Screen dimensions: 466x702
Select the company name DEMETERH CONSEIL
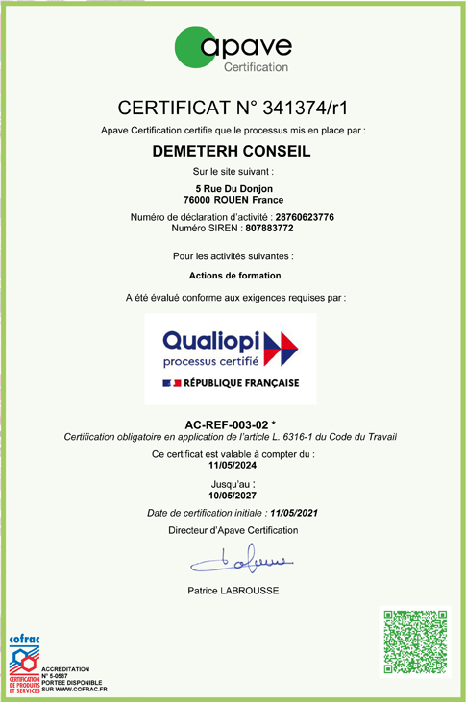tap(233, 151)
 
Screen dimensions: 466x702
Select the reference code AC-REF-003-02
tap(229, 424)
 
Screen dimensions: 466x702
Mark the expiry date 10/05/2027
tap(233, 495)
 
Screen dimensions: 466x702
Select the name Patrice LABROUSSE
tap(233, 591)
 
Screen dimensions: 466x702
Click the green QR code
tap(415, 642)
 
